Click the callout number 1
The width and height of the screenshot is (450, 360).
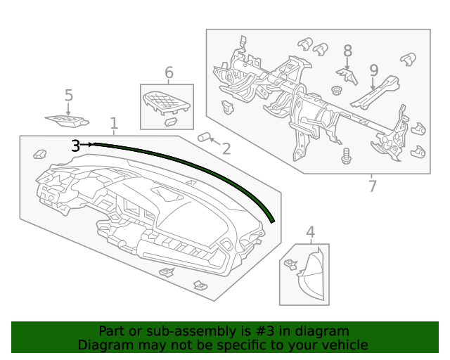click(114, 124)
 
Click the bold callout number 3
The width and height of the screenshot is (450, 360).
click(75, 146)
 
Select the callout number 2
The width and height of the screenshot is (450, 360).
click(226, 148)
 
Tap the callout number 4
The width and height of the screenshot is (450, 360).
click(310, 232)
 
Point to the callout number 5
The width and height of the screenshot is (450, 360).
click(68, 95)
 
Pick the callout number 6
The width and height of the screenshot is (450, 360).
click(169, 72)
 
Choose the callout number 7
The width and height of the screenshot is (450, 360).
click(372, 186)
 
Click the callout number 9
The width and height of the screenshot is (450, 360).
click(373, 70)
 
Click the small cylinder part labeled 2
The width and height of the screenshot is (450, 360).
click(205, 137)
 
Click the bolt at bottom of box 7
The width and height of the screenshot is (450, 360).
click(346, 156)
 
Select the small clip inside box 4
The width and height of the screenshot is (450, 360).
click(290, 265)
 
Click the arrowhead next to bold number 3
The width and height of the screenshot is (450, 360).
click(91, 144)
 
